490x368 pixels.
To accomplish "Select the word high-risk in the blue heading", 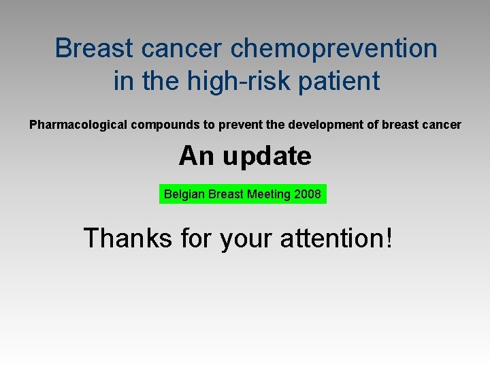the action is pos(239,82).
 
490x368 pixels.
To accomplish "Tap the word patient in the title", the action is pos(339,80).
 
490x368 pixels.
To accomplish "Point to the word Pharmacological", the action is pos(78,125).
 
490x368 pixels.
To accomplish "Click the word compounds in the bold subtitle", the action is pos(165,125).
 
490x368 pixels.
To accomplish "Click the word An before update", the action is pos(197,155).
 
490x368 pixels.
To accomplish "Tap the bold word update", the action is pos(267,157).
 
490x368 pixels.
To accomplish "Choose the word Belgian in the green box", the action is pos(184,194).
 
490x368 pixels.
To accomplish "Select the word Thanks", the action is pos(128,238).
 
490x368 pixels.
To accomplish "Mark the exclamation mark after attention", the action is pos(389,238).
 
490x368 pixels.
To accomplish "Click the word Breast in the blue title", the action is pos(94,48).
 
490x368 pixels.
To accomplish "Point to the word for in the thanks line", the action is pos(196,238).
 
